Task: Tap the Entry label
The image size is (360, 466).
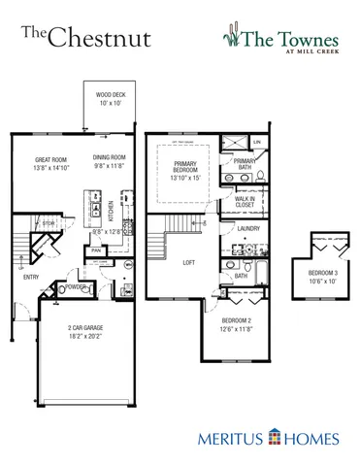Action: [31, 277]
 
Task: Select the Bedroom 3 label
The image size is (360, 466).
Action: [323, 273]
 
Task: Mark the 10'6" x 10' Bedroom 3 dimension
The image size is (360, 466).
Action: [323, 281]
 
